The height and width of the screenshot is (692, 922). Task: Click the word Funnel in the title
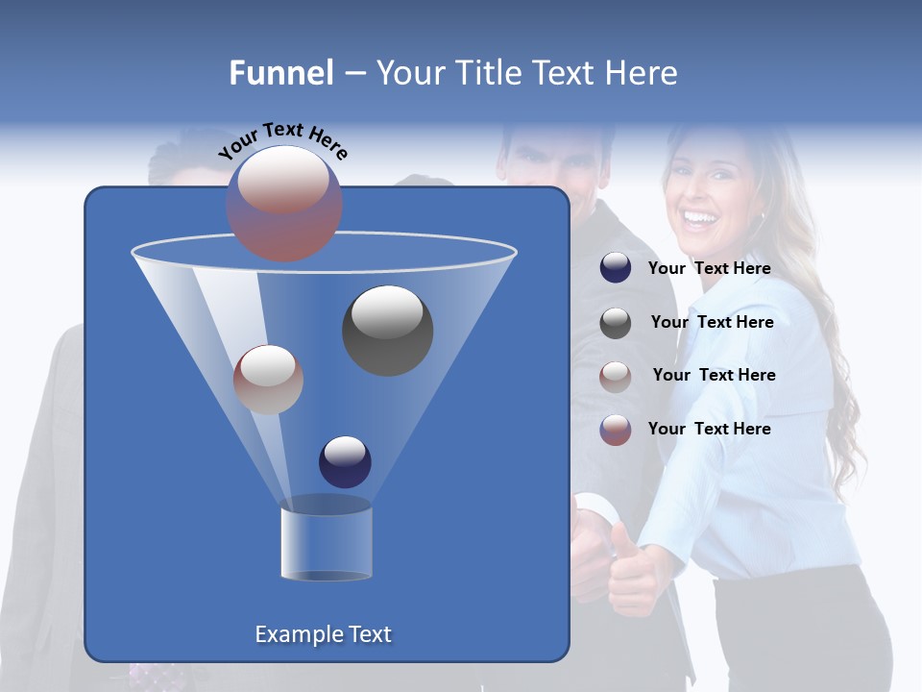(280, 73)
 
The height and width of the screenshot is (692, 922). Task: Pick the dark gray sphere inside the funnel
(387, 330)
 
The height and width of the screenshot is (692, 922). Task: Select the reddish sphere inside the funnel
(268, 379)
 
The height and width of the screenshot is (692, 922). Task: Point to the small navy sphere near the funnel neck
(345, 461)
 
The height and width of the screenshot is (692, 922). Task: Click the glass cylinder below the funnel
(326, 544)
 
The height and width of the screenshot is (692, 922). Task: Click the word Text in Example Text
(368, 634)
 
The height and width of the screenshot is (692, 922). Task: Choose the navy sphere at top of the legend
(616, 268)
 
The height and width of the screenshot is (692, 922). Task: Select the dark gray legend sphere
(616, 322)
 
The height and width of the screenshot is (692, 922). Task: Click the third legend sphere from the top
(616, 376)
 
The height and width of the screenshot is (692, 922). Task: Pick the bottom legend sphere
(616, 429)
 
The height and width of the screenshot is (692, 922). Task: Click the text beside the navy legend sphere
(709, 268)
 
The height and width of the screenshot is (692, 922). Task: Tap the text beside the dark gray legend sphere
(712, 322)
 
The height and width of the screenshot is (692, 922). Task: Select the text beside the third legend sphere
(714, 375)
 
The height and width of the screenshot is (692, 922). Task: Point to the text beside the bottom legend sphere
(709, 429)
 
